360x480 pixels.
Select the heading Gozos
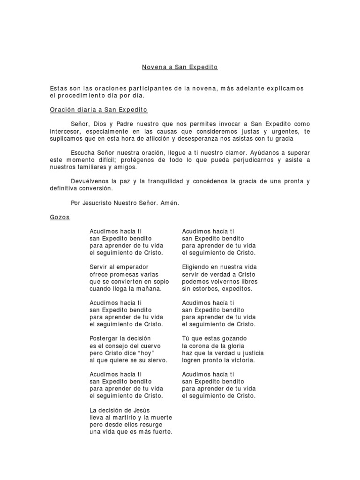click(x=60, y=217)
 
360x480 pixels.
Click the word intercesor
click(x=66, y=132)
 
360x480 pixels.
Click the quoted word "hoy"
click(x=146, y=353)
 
